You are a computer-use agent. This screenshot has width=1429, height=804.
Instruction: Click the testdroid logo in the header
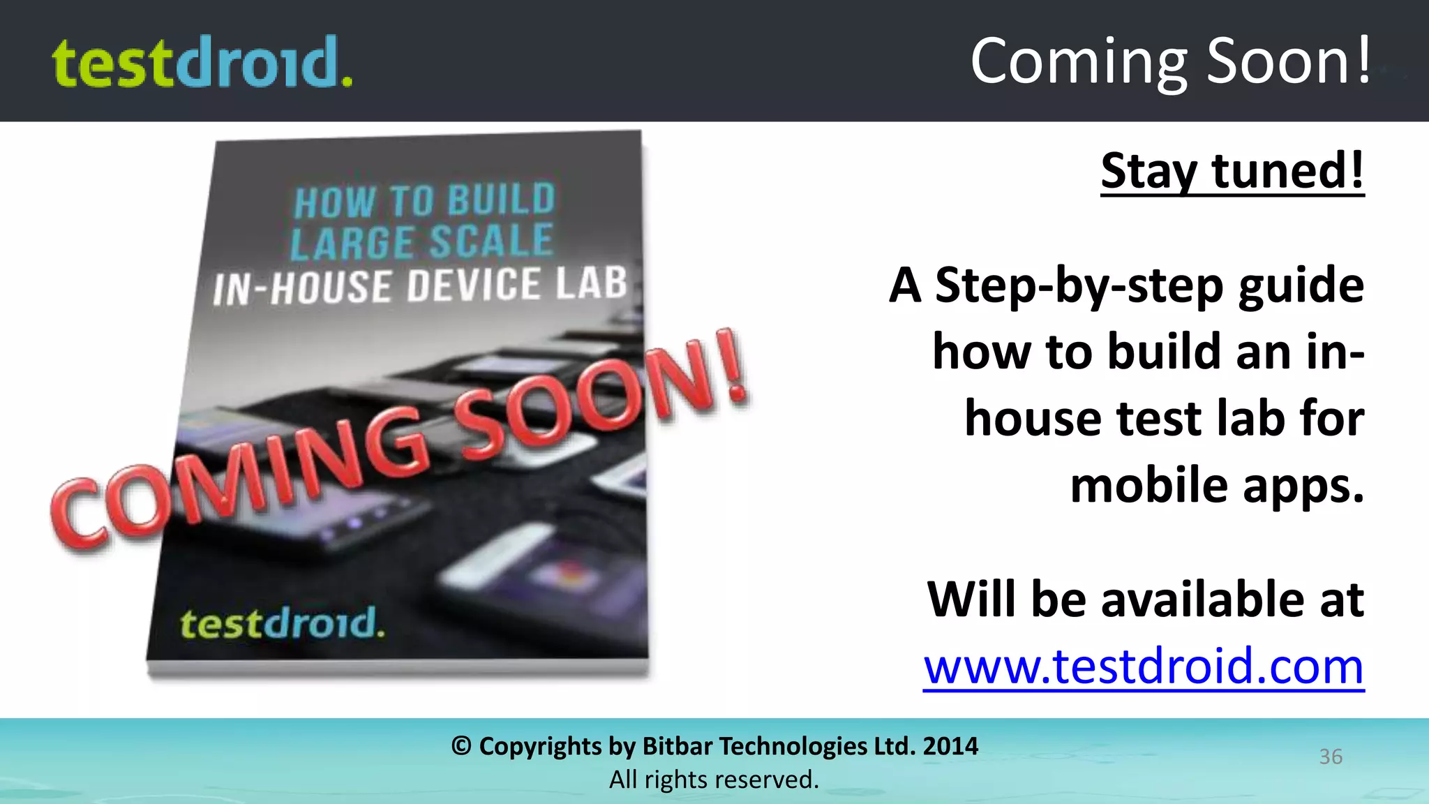[202, 63]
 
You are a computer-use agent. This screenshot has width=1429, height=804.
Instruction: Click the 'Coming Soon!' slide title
[1170, 61]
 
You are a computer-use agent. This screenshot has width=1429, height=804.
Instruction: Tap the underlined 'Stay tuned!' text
[1232, 171]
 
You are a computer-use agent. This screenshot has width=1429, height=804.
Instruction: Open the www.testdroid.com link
[1144, 667]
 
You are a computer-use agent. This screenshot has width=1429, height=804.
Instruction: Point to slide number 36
[1330, 757]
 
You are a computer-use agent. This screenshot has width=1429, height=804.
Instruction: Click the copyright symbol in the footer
[461, 746]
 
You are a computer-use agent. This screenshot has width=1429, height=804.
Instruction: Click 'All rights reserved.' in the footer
[714, 780]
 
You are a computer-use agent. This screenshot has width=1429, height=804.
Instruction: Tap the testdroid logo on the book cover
[282, 623]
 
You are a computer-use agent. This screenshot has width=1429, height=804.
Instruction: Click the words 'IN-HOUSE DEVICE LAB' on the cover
[420, 285]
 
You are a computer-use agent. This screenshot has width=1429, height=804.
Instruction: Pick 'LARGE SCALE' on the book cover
[421, 241]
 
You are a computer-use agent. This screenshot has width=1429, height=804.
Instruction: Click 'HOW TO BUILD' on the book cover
[424, 201]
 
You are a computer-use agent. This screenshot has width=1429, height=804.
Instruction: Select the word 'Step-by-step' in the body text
[1079, 285]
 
